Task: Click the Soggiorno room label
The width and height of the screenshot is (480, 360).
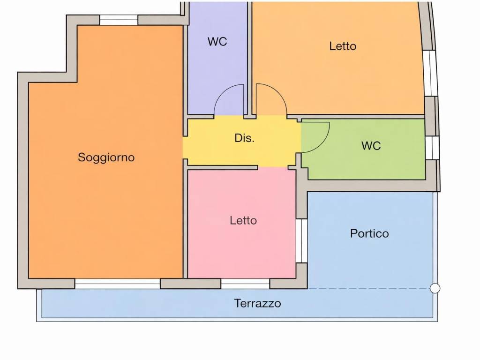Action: [106, 157]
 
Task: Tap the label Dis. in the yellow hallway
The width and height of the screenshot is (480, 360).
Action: [244, 139]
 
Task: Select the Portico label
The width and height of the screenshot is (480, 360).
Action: [369, 233]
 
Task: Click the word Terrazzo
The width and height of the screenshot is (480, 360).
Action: [258, 303]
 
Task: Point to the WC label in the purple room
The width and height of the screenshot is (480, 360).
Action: [217, 42]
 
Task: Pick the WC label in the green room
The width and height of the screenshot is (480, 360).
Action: [371, 146]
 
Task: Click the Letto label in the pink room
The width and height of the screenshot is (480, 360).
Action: [243, 220]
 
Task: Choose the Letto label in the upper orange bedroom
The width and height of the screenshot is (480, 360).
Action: [343, 46]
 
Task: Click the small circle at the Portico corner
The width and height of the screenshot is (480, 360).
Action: [435, 289]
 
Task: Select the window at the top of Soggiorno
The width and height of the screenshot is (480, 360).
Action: [119, 20]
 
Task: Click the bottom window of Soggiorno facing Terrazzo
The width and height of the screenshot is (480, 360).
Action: [118, 284]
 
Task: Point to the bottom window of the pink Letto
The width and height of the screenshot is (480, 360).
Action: [245, 284]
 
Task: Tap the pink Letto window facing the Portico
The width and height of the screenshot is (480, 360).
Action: [301, 240]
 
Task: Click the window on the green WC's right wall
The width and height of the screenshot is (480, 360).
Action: [430, 147]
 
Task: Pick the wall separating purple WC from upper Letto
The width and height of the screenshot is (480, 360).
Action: [250, 56]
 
